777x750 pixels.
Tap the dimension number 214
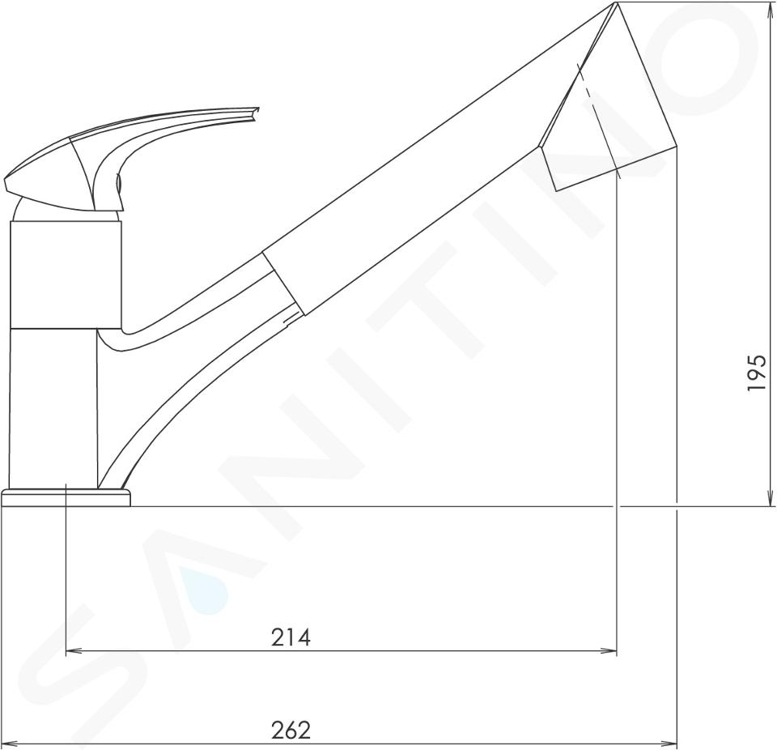point(291,637)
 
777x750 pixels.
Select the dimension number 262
point(291,731)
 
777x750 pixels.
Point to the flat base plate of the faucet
point(66,497)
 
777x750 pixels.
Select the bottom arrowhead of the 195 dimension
point(770,497)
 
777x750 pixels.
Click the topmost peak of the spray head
point(615,2)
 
